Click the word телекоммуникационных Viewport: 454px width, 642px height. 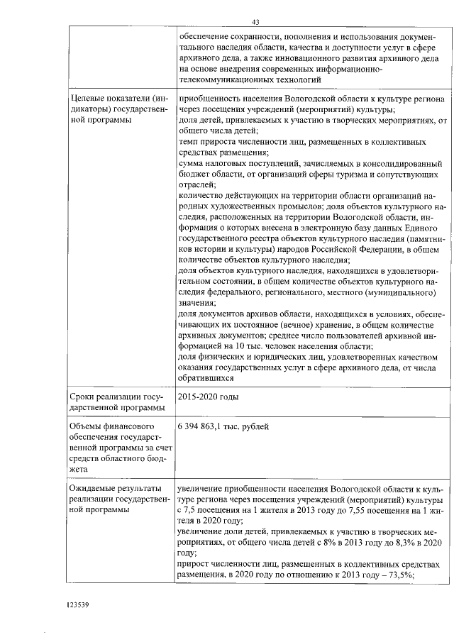click(225, 81)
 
